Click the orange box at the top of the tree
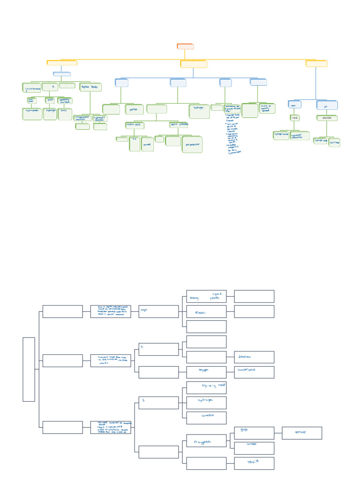point(185,46)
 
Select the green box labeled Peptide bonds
point(89,87)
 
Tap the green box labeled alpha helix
point(134,125)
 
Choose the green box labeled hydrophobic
point(32,114)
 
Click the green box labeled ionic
point(65,114)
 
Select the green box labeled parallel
point(147,144)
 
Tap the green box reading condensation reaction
point(83,118)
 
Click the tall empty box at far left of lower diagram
point(29,369)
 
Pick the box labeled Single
point(158,311)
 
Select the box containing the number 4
point(158,349)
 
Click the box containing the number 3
point(158,403)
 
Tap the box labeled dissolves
point(254,357)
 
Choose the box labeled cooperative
point(254,372)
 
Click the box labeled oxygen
point(206,372)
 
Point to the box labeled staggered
point(206,441)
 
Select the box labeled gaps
point(254,433)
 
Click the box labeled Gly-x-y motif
point(206,387)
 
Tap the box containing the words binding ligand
point(206,296)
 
